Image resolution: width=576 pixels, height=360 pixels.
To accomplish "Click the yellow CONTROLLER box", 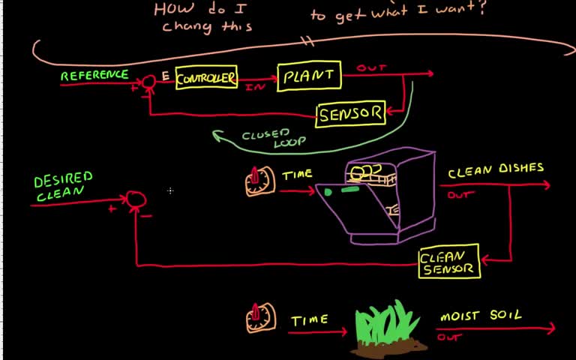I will [x=206, y=78].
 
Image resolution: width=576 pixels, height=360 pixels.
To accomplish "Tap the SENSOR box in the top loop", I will [x=351, y=115].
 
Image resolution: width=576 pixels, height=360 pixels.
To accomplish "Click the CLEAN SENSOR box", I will [x=448, y=262].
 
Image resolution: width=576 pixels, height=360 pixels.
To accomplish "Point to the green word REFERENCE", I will [x=94, y=76].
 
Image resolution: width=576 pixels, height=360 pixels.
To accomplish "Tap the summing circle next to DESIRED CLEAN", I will [x=136, y=199].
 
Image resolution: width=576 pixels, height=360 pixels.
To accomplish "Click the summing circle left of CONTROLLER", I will [x=149, y=81].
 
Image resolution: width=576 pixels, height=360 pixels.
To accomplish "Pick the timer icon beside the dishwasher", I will [x=259, y=181].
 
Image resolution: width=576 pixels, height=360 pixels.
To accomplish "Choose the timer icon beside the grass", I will [x=260, y=317].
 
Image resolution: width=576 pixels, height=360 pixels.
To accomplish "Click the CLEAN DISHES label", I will [x=496, y=171].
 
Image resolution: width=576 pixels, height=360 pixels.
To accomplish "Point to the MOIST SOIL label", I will [x=481, y=316].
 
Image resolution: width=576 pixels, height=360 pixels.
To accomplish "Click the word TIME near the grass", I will [x=309, y=320].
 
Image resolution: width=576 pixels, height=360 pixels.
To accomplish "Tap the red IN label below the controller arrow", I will [x=253, y=87].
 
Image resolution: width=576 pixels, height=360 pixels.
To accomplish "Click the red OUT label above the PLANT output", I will [x=371, y=68].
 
